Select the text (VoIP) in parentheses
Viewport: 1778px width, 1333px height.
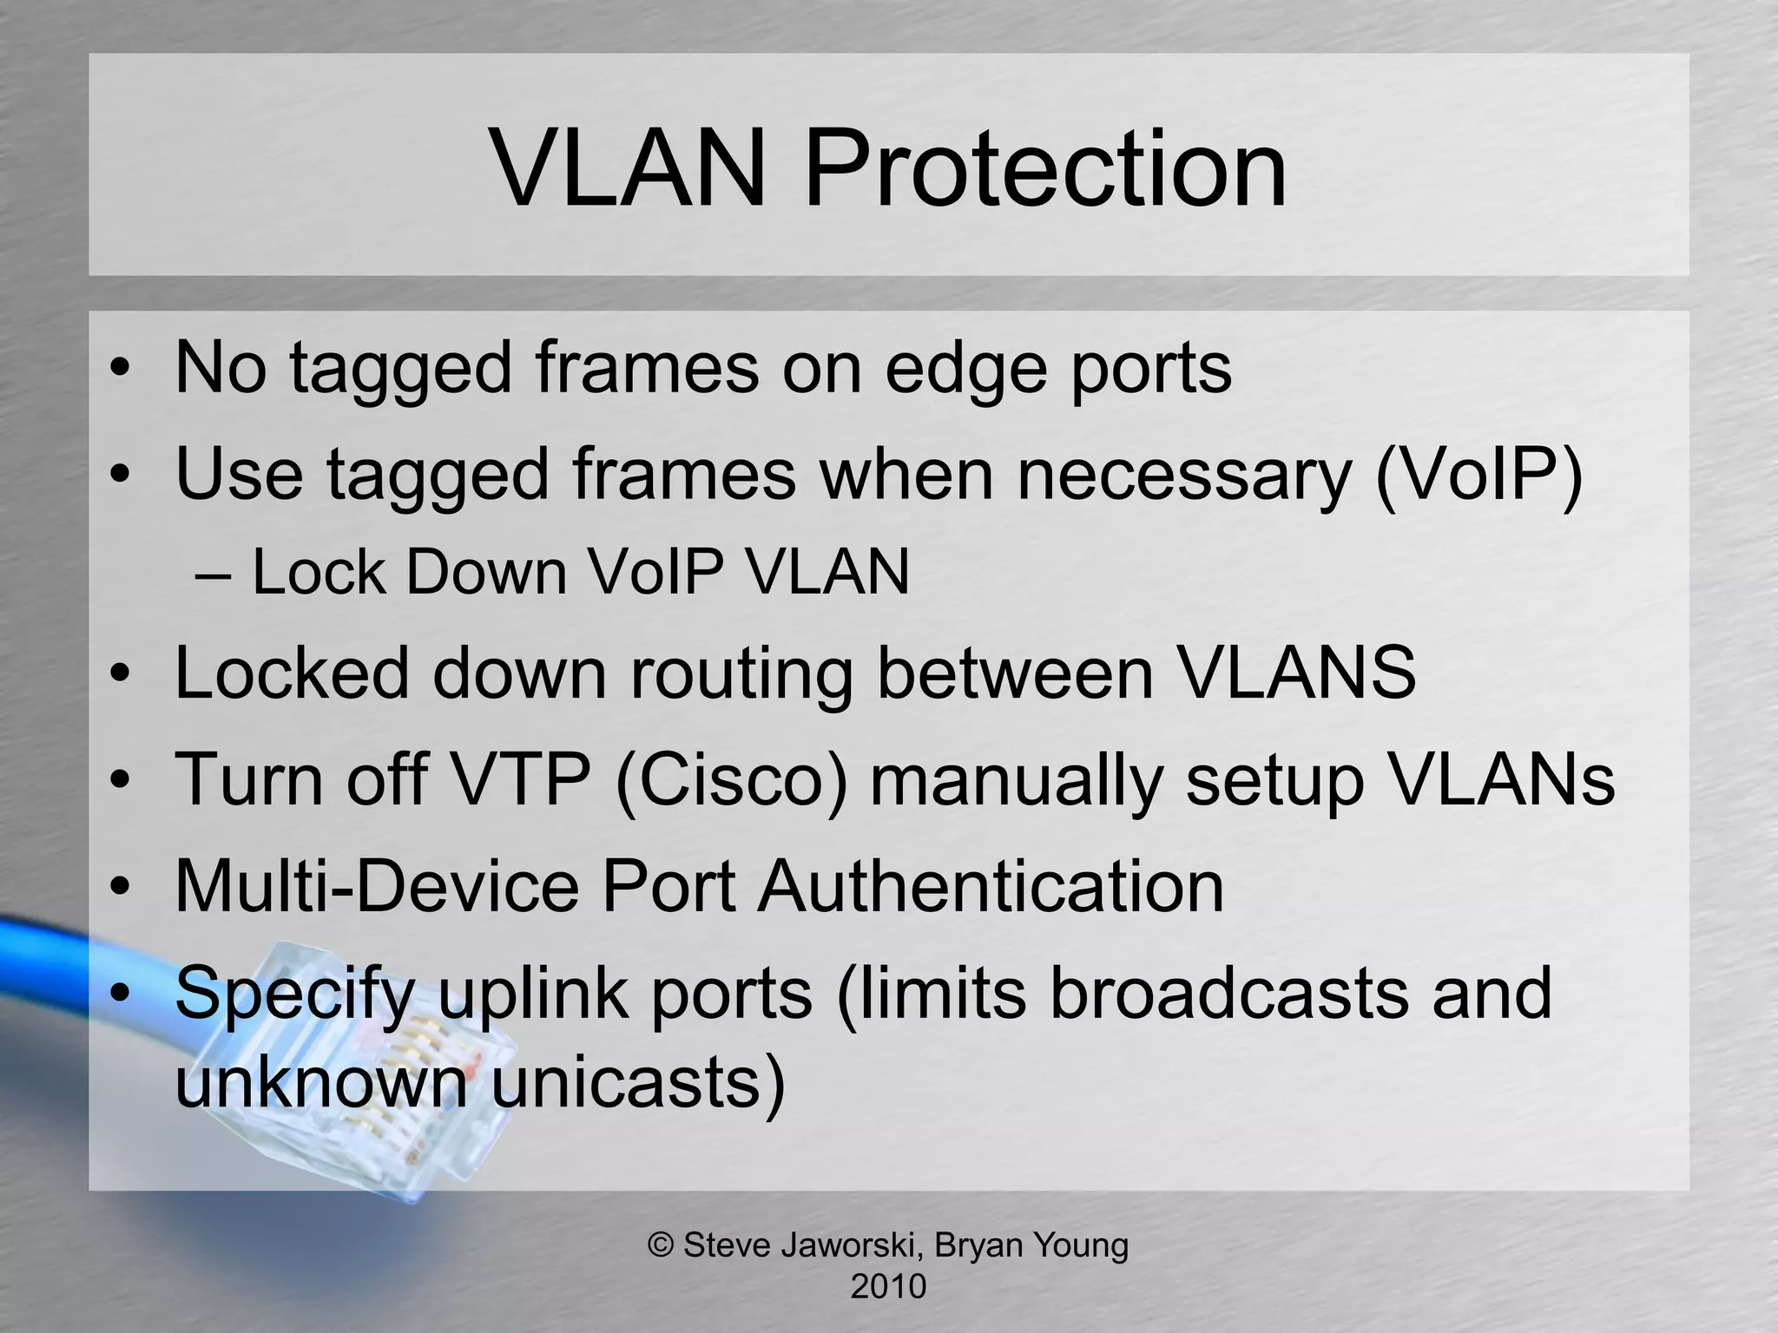pos(1478,475)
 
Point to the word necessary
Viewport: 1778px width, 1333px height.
pos(1183,475)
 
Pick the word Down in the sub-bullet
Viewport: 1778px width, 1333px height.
pos(485,573)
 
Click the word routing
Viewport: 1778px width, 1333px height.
pos(741,673)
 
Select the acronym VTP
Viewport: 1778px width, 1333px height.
pos(522,778)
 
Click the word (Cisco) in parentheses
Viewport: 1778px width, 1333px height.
pos(731,779)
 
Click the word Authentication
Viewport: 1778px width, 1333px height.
pos(991,886)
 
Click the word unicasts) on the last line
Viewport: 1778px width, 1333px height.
pos(638,1082)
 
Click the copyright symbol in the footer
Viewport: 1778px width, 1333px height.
pos(662,1244)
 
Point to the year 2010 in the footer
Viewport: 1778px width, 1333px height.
pos(888,1286)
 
